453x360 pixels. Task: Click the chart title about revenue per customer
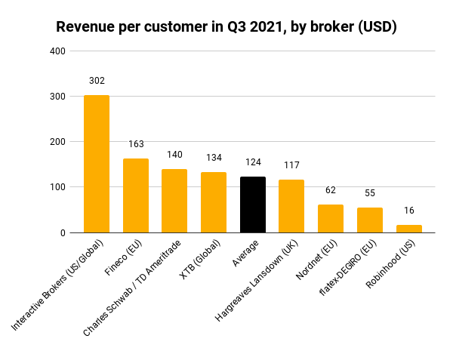(226, 26)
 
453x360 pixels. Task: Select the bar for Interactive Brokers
(97, 164)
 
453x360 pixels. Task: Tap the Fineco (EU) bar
(136, 195)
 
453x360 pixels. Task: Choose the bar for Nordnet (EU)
(331, 219)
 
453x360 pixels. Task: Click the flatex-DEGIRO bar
(370, 220)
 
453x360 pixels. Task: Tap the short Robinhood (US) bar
(408, 229)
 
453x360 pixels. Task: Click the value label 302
(97, 81)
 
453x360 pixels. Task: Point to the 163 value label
(136, 143)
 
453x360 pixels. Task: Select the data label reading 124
(253, 162)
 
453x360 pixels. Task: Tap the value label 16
(408, 211)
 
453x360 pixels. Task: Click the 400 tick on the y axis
(58, 51)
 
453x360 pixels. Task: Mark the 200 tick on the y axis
(58, 142)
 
